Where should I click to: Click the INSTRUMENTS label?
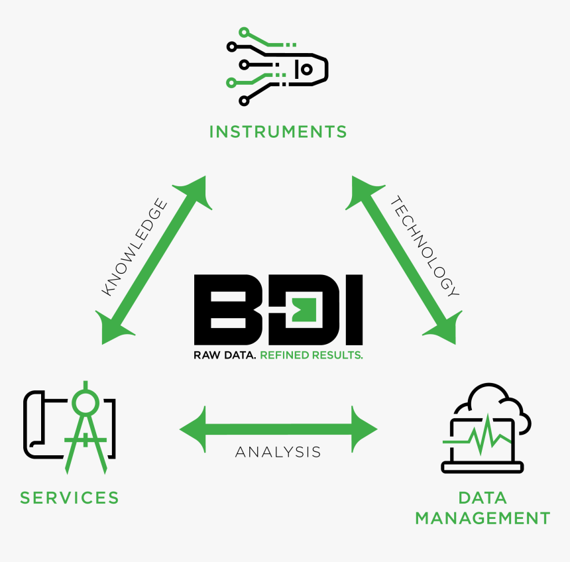point(278,131)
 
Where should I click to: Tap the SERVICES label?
point(70,497)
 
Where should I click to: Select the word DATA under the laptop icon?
point(483,497)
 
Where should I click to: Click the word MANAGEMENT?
point(483,518)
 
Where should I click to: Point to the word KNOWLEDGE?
point(134,247)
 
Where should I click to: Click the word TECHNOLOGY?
point(424,245)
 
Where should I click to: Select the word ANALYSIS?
point(278,452)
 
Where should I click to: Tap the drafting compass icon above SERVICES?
point(86,424)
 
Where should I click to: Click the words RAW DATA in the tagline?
point(225,355)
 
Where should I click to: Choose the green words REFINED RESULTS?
point(312,355)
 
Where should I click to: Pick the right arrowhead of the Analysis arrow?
point(364,428)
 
